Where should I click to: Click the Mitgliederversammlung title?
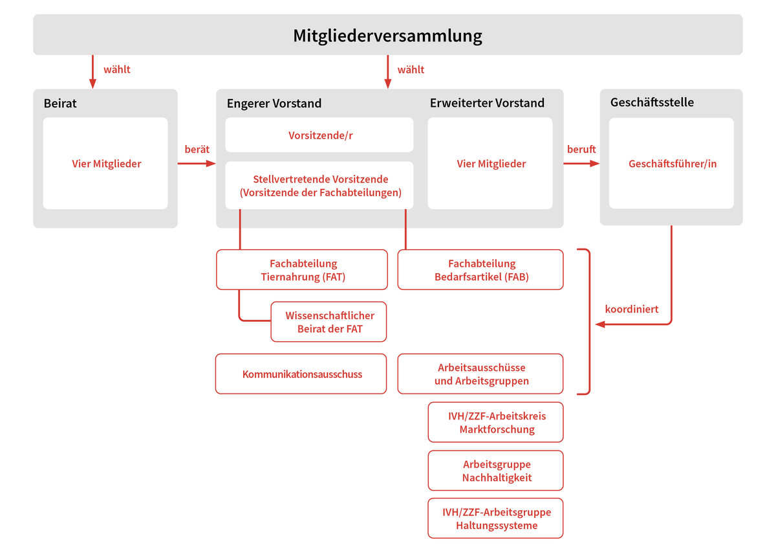coord(387,36)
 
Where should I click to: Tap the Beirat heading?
coord(60,104)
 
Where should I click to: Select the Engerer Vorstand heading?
coord(274,104)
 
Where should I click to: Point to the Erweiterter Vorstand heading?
coord(487,103)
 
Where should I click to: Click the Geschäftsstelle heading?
coord(652,102)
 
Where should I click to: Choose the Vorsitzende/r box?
coord(319,135)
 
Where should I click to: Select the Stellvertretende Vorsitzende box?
coord(319,185)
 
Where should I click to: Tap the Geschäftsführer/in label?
coord(673,164)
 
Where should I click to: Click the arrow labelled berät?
coord(197,163)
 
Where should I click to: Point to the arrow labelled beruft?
coord(581,163)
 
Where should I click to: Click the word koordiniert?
coord(632,309)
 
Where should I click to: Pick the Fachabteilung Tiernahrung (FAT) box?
coord(302,270)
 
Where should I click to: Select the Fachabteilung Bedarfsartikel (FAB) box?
coord(480,270)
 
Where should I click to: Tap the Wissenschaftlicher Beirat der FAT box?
coord(329,322)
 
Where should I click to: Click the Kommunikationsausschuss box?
coord(301,374)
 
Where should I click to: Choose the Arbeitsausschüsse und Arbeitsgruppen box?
coord(480,374)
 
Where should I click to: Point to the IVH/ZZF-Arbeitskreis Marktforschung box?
coord(496,422)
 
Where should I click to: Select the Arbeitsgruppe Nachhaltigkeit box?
coord(496,470)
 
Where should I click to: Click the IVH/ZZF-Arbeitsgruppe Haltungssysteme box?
coord(496,518)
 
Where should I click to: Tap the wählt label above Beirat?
coord(117,69)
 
